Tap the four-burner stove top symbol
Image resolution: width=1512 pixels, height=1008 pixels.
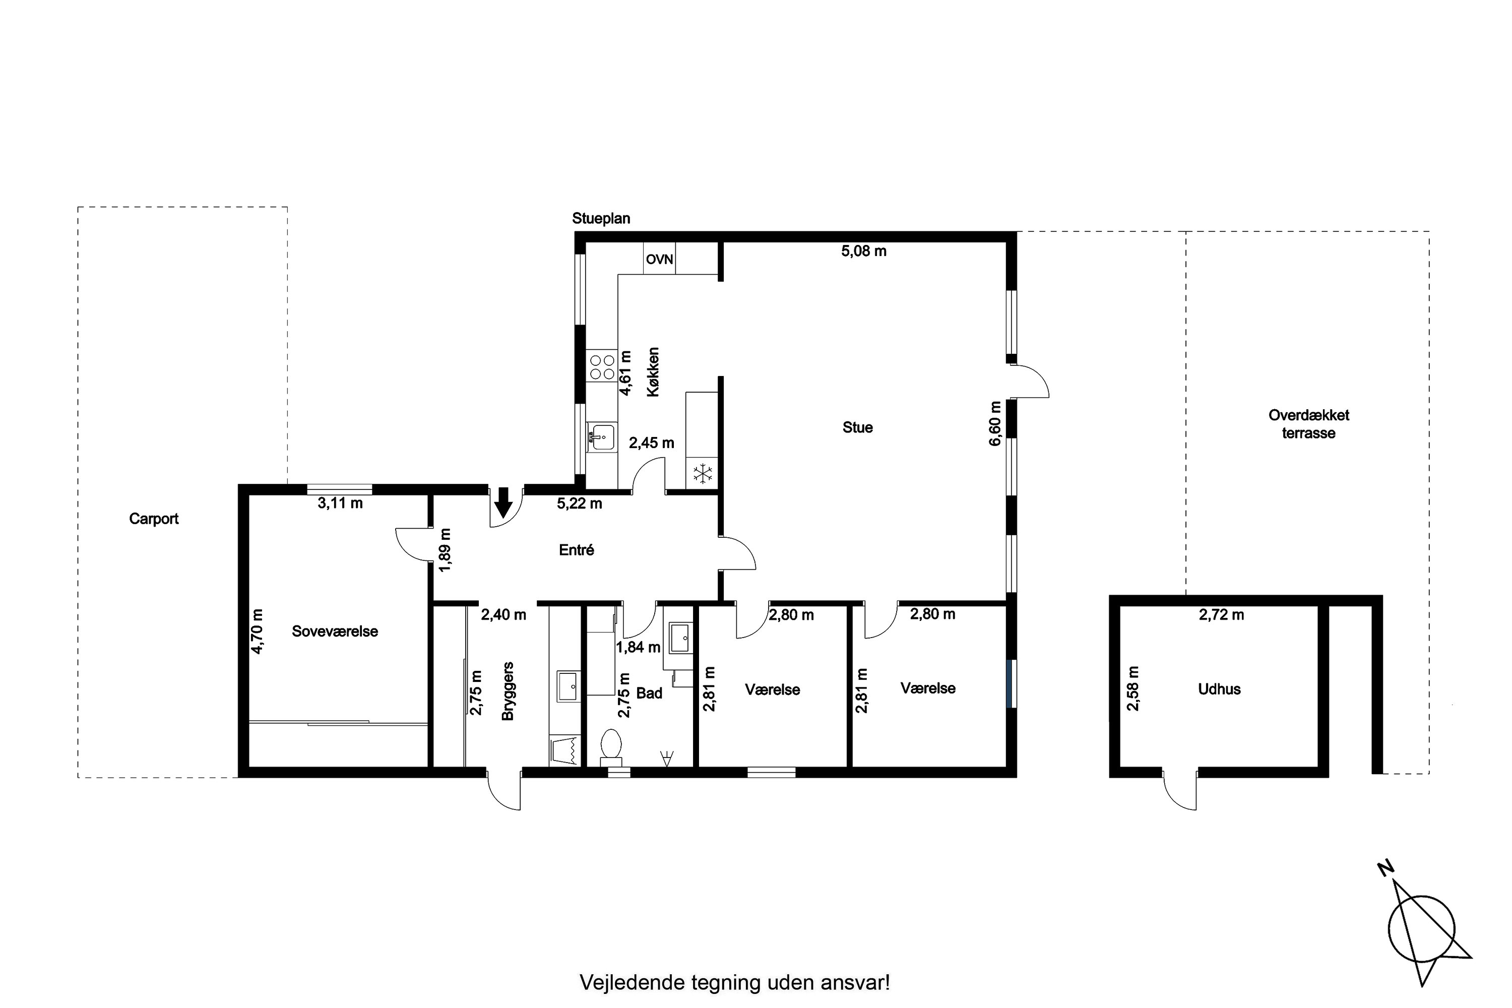pos(602,366)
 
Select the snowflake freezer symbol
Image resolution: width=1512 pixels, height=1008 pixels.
pos(702,474)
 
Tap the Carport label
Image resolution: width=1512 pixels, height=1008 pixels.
pos(154,519)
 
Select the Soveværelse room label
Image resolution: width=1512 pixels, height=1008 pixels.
pos(335,632)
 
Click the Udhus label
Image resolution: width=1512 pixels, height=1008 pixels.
pos(1220,689)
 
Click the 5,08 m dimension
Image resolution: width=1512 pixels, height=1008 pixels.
pos(864,251)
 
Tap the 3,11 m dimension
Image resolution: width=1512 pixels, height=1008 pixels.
pos(340,503)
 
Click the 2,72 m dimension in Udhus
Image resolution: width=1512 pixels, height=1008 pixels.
pos(1221,615)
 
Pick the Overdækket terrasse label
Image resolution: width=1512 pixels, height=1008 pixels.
pos(1309,424)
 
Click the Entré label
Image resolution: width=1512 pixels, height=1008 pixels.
pos(577,550)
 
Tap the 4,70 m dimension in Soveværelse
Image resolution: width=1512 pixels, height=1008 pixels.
pos(257,632)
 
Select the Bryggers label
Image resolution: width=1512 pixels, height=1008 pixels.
pos(508,691)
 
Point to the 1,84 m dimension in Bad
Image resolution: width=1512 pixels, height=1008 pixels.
pos(639,647)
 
